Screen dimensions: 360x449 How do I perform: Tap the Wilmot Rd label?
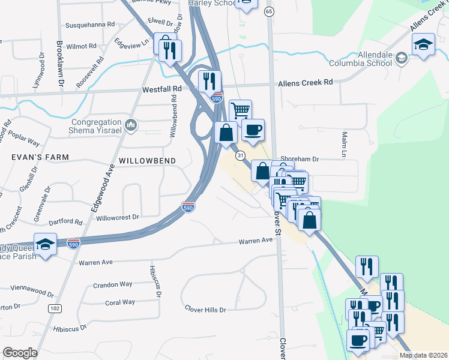pos(81,46)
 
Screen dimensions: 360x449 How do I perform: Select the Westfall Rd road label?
pos(161,89)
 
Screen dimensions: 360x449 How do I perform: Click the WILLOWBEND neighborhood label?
pos(147,161)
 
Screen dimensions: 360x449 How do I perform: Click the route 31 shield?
pos(241,155)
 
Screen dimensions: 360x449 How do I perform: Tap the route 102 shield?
pos(55,308)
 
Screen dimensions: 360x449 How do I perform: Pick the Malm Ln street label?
pos(345,144)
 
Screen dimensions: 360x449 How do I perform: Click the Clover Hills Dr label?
pos(205,310)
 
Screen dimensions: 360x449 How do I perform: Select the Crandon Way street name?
pos(112,285)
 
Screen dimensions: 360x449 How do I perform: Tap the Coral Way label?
pos(120,302)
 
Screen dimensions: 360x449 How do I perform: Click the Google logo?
pos(20,353)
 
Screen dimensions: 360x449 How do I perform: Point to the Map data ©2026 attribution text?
pos(423,355)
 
